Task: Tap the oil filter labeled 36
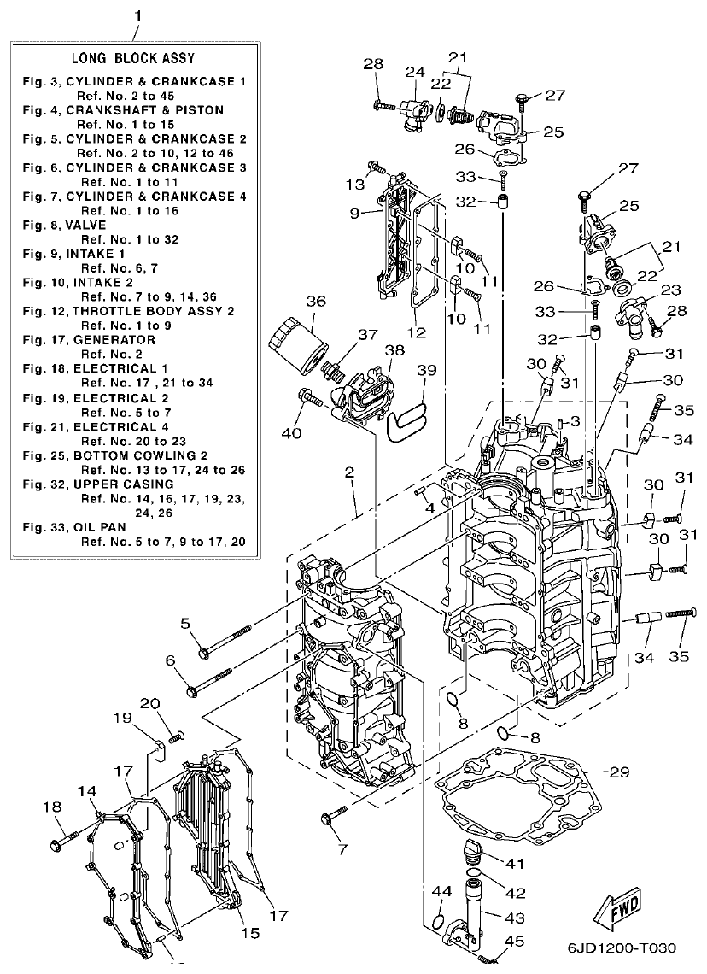(x=299, y=346)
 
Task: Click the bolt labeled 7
(x=329, y=819)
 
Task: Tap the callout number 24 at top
(x=415, y=71)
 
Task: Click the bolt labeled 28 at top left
(x=383, y=106)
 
